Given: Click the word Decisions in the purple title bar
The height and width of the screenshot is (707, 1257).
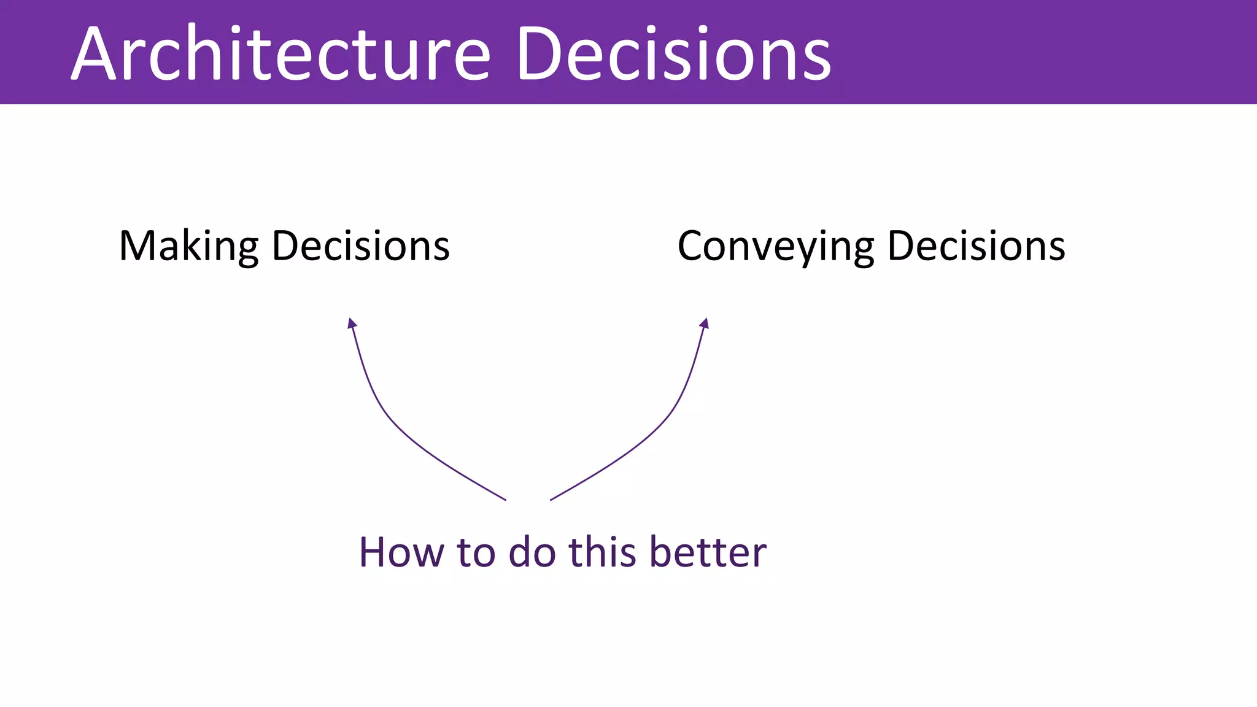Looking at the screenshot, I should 673,54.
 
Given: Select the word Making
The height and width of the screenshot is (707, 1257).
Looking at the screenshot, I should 189,247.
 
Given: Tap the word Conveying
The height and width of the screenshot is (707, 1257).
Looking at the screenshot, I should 776,247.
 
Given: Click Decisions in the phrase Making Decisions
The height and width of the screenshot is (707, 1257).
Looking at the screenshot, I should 360,245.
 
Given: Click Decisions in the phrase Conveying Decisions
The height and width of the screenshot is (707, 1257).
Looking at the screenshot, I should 976,245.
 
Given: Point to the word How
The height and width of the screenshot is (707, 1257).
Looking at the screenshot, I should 401,552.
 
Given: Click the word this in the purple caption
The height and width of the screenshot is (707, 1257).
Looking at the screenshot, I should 602,552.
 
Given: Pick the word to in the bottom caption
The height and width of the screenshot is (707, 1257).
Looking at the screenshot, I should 476,552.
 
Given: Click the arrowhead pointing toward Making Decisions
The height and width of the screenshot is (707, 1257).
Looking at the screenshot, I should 352,323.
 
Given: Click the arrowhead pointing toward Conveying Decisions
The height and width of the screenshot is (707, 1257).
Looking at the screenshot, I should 705,323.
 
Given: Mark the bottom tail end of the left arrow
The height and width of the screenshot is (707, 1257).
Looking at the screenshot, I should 505,499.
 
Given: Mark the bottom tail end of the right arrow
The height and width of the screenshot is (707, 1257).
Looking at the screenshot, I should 551,499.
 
